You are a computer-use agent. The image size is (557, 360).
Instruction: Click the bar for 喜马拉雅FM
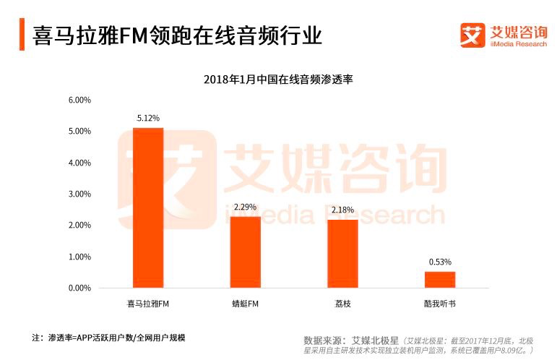[x=148, y=208]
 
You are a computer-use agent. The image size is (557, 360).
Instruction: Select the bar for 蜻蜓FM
[x=245, y=252]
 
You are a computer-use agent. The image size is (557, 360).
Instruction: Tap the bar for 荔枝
[x=342, y=254]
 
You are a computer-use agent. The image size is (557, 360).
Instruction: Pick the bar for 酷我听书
[x=439, y=280]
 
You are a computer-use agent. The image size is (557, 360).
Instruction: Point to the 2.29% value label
[x=246, y=207]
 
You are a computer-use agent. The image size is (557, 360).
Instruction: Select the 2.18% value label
[x=342, y=210]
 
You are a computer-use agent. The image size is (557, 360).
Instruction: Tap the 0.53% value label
[x=439, y=262]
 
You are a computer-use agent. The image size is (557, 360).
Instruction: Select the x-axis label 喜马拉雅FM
[x=148, y=304]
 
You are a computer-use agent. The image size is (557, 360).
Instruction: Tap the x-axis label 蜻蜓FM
[x=245, y=304]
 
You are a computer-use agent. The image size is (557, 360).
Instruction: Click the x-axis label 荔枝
[x=342, y=304]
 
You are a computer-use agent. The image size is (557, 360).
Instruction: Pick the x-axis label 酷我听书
[x=439, y=304]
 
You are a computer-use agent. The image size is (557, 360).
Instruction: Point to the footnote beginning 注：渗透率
[x=108, y=338]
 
